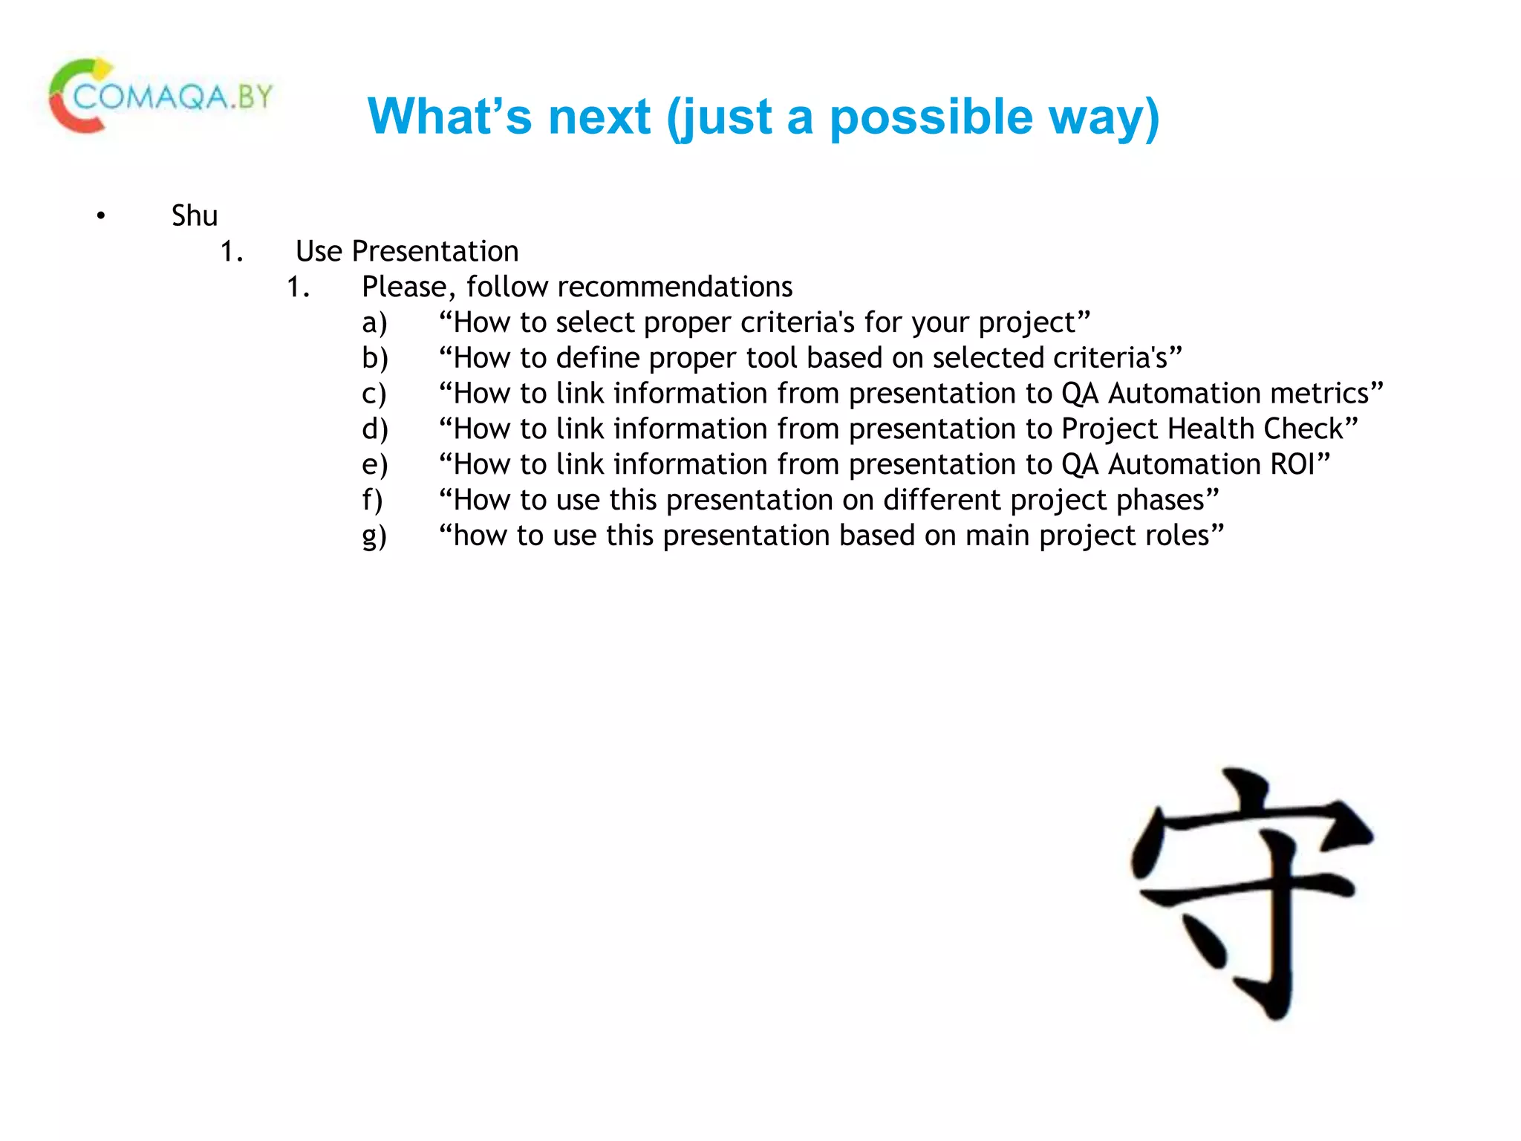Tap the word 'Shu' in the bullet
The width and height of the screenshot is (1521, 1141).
point(195,216)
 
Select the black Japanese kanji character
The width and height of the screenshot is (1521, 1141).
point(1252,891)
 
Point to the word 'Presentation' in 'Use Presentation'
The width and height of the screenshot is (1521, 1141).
point(435,252)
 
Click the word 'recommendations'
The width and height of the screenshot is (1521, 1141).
point(675,287)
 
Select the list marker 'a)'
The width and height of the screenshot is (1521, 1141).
point(374,323)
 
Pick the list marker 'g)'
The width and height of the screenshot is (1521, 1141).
point(374,536)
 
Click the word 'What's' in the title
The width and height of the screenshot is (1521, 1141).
point(449,117)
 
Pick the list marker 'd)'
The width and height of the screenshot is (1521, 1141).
point(374,429)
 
